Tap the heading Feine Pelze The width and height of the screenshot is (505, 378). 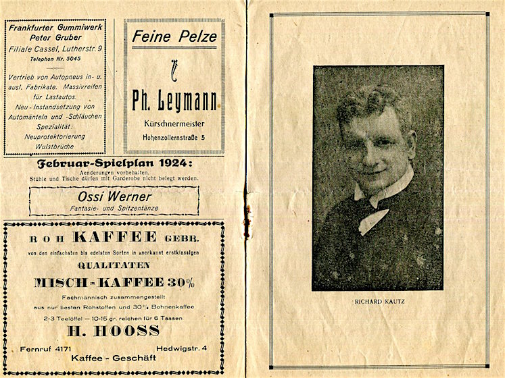click(x=174, y=36)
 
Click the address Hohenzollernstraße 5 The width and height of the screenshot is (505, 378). click(x=174, y=138)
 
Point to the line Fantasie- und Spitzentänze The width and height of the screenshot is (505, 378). click(x=114, y=209)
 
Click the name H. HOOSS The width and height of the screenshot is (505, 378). click(x=114, y=331)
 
